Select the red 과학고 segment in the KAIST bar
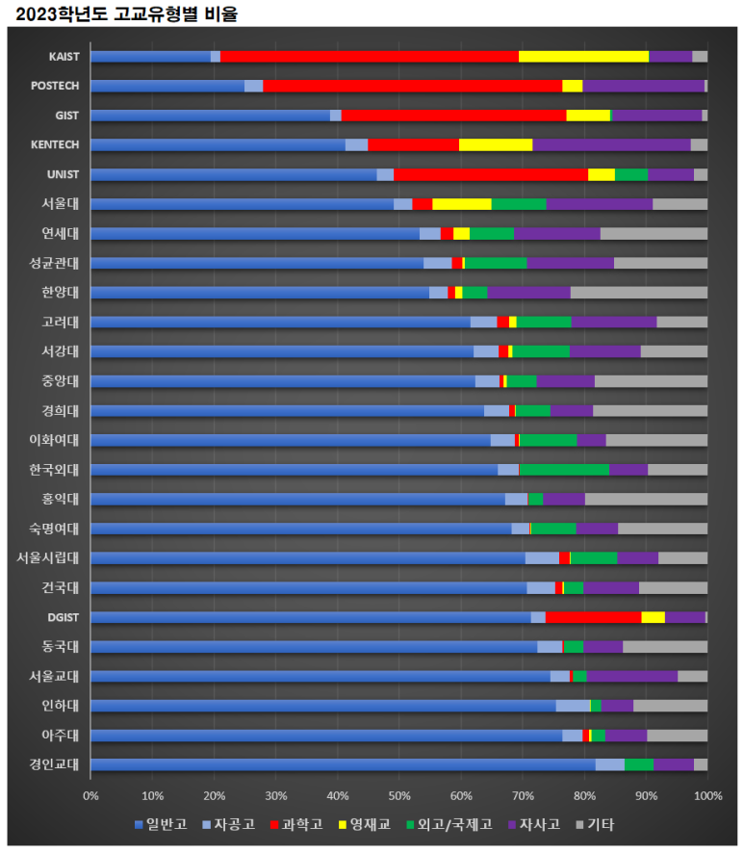click(369, 56)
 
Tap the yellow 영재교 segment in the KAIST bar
click(583, 56)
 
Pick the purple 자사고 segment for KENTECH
click(611, 144)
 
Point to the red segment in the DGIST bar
click(593, 617)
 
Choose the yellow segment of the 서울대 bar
click(462, 204)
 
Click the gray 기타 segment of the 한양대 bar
click(638, 293)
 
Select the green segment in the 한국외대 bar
click(564, 470)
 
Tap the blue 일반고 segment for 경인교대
click(343, 764)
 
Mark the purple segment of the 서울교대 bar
click(631, 676)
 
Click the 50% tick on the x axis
click(398, 795)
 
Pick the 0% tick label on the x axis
click(90, 795)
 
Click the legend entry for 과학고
click(295, 825)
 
